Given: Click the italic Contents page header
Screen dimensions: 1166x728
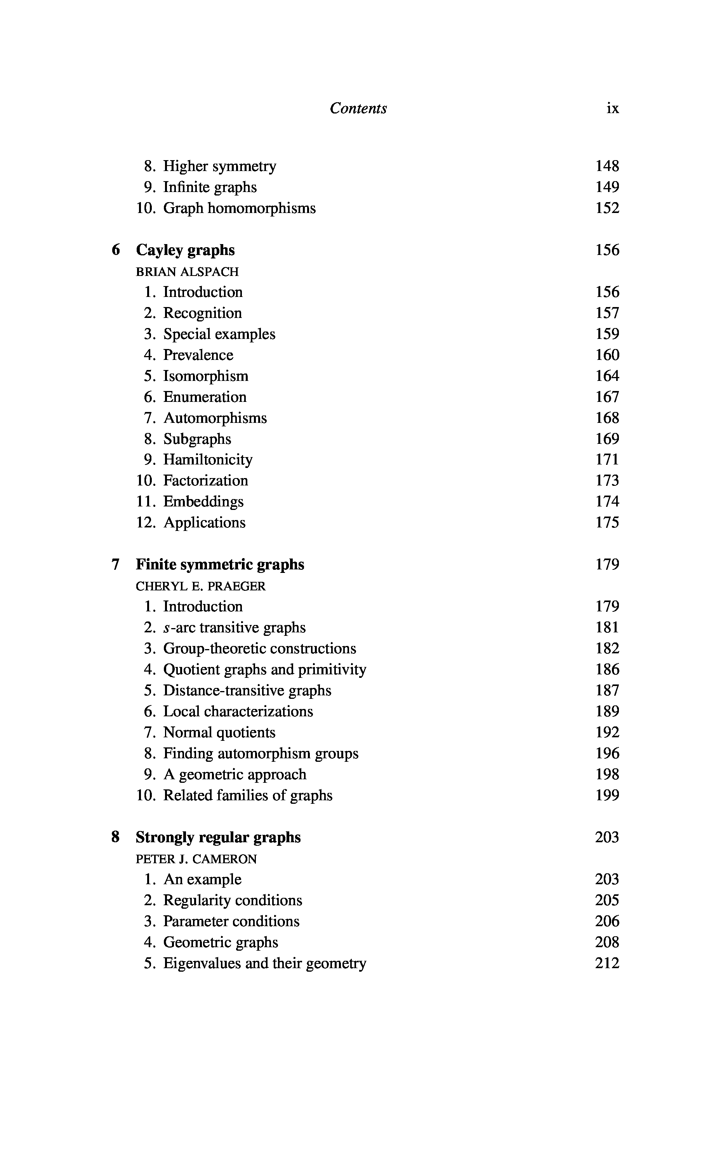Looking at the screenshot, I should [358, 108].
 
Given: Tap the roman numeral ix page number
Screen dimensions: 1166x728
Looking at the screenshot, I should [612, 108].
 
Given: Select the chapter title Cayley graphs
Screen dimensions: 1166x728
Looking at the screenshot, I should [185, 250].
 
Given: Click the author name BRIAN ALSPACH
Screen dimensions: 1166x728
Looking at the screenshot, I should [187, 272].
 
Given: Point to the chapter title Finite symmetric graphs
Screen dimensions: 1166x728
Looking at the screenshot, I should [220, 564].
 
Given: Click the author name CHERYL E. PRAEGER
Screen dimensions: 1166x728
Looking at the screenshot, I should [201, 586].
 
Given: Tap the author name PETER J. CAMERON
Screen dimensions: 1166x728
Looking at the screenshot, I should [196, 859].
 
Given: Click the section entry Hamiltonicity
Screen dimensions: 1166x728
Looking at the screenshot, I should [208, 460].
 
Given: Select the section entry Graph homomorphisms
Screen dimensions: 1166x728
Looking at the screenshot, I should [239, 208].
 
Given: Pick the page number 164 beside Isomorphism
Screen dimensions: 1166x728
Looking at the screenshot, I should [607, 376].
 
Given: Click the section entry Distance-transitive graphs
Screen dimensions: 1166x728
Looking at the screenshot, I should [247, 690].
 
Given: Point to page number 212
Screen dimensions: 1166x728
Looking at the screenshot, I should [607, 963].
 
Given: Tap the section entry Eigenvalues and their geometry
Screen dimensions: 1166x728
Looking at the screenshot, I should [265, 963].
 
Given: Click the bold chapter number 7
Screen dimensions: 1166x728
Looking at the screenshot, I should [116, 564].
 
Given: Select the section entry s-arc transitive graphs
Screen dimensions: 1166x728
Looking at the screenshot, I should [235, 627].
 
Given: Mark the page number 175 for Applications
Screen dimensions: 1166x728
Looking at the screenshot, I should [607, 523].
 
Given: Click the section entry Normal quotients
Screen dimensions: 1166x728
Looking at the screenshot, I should [219, 732].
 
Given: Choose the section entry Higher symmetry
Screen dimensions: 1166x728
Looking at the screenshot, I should [219, 166].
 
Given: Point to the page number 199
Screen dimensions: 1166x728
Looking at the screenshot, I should [607, 796].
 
